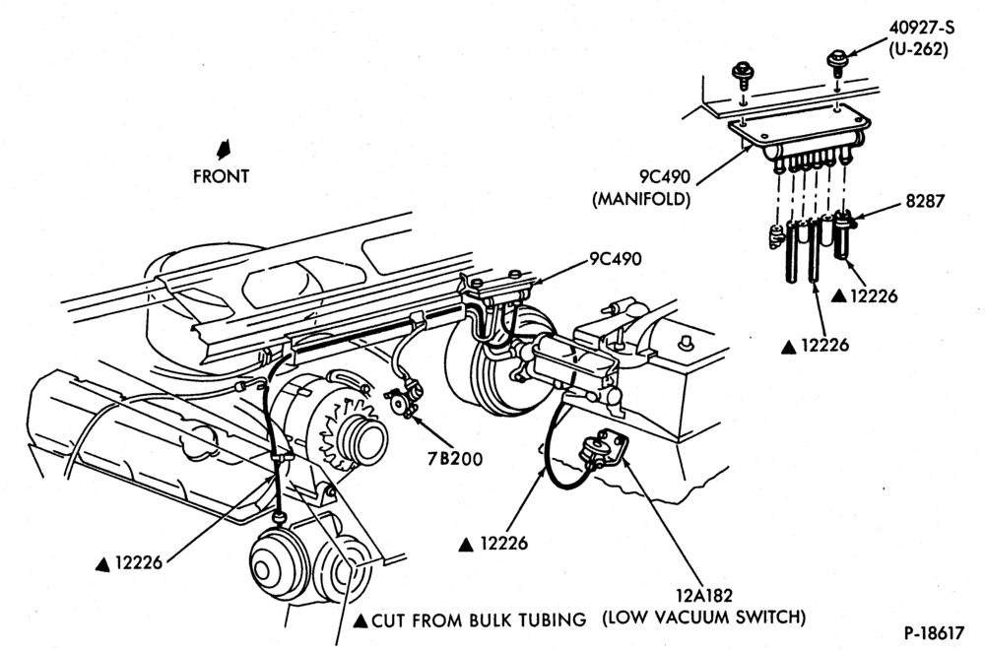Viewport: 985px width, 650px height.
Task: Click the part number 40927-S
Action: click(921, 29)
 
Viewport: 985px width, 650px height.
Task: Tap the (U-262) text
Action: click(918, 49)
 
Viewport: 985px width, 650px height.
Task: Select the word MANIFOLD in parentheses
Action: click(641, 199)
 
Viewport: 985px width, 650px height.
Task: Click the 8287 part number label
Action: click(925, 201)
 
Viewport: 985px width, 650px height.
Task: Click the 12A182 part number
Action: click(703, 595)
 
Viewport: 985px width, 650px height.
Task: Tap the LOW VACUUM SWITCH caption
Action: click(703, 617)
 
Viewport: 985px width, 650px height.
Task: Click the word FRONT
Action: click(221, 176)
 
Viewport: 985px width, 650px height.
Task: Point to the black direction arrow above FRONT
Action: click(223, 150)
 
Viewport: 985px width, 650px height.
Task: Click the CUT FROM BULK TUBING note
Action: click(479, 620)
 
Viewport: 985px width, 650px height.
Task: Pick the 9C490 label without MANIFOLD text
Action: click(616, 259)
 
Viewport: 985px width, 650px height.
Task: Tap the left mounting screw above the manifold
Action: click(743, 70)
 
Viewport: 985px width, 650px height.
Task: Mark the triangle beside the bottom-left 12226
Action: click(102, 564)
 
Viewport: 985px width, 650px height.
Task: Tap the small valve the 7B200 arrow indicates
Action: click(402, 399)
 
